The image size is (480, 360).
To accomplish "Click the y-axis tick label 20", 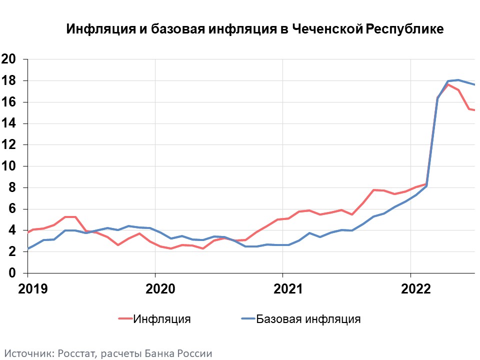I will [x=9, y=59].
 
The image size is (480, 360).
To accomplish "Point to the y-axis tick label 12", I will [x=9, y=145].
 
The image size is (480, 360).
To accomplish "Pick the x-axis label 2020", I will [x=155, y=289].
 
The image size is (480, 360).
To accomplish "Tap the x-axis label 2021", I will [x=283, y=289].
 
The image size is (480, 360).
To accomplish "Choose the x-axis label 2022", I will [x=410, y=289].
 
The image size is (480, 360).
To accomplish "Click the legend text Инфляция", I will [x=162, y=319].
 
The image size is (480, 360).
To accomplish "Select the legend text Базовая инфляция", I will [x=308, y=319].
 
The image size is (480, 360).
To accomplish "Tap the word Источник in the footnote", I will [x=29, y=353].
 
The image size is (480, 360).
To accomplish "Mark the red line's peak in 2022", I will [x=448, y=84].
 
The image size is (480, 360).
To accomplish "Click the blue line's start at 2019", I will [x=28, y=248].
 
